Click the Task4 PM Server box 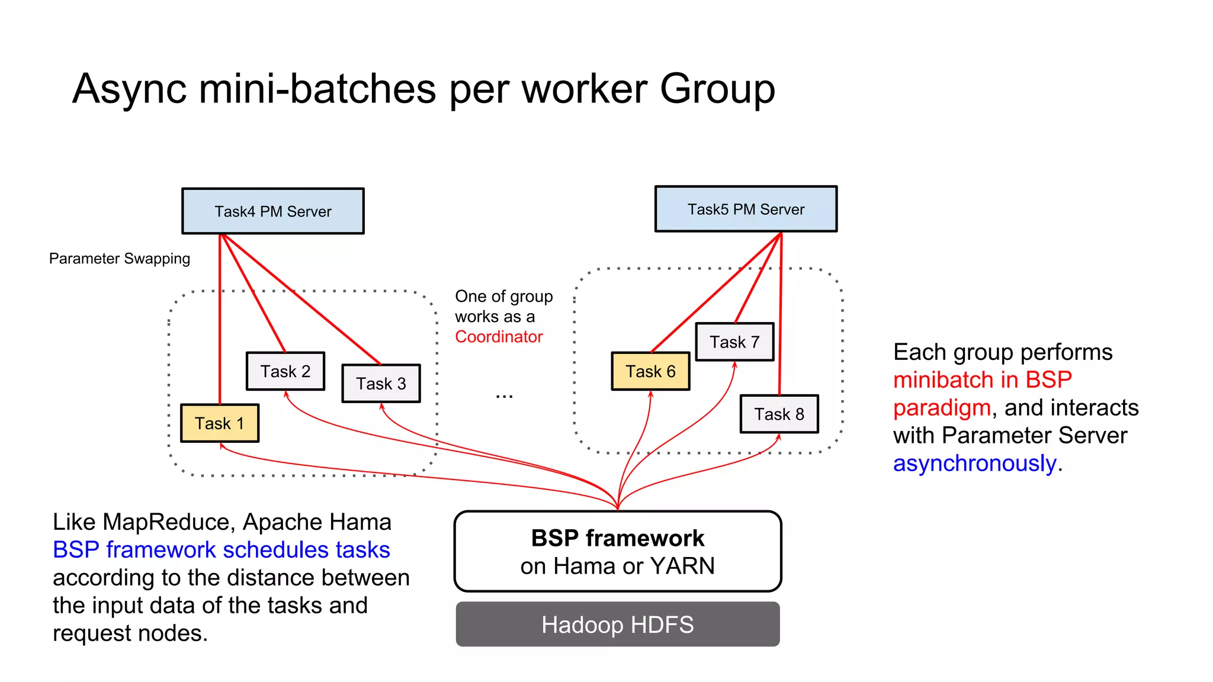tap(272, 211)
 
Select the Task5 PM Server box tap(746, 209)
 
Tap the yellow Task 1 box tap(219, 423)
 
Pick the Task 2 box tap(285, 371)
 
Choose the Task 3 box tap(381, 384)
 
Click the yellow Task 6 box tap(650, 371)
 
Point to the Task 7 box tap(734, 342)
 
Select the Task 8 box tap(779, 414)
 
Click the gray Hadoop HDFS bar tap(617, 625)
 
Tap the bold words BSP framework tap(617, 538)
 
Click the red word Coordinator tap(499, 337)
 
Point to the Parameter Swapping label tap(120, 259)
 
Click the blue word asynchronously tap(974, 464)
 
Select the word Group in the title tap(717, 89)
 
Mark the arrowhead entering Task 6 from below tap(650, 394)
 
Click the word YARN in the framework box tap(682, 566)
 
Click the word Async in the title tap(129, 89)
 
